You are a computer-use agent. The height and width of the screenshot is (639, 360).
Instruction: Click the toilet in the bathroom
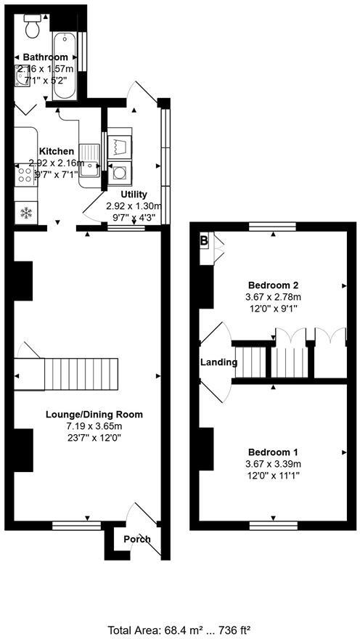(32, 27)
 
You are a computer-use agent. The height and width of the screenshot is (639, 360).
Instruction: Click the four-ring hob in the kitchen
(25, 175)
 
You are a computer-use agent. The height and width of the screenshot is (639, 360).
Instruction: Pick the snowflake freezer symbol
(26, 213)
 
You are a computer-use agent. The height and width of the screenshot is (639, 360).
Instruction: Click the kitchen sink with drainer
(91, 160)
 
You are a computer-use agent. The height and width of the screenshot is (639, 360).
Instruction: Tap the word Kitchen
(57, 151)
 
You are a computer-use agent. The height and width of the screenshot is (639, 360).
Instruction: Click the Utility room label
(134, 195)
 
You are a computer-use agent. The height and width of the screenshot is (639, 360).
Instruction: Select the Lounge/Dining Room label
(94, 415)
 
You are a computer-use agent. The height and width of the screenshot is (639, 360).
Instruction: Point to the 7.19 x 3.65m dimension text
(94, 426)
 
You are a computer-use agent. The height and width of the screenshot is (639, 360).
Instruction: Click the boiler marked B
(204, 240)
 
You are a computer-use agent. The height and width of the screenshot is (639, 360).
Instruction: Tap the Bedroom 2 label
(273, 285)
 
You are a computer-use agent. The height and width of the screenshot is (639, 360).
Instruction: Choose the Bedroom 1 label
(273, 451)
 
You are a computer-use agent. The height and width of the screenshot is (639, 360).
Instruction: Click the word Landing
(219, 362)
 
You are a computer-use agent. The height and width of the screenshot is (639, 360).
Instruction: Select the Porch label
(137, 540)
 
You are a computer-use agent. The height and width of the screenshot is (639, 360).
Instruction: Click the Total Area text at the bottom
(179, 629)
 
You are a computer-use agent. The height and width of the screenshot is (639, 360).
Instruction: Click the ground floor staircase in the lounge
(80, 373)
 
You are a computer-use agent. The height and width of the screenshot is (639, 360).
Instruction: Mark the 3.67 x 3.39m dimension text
(273, 463)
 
